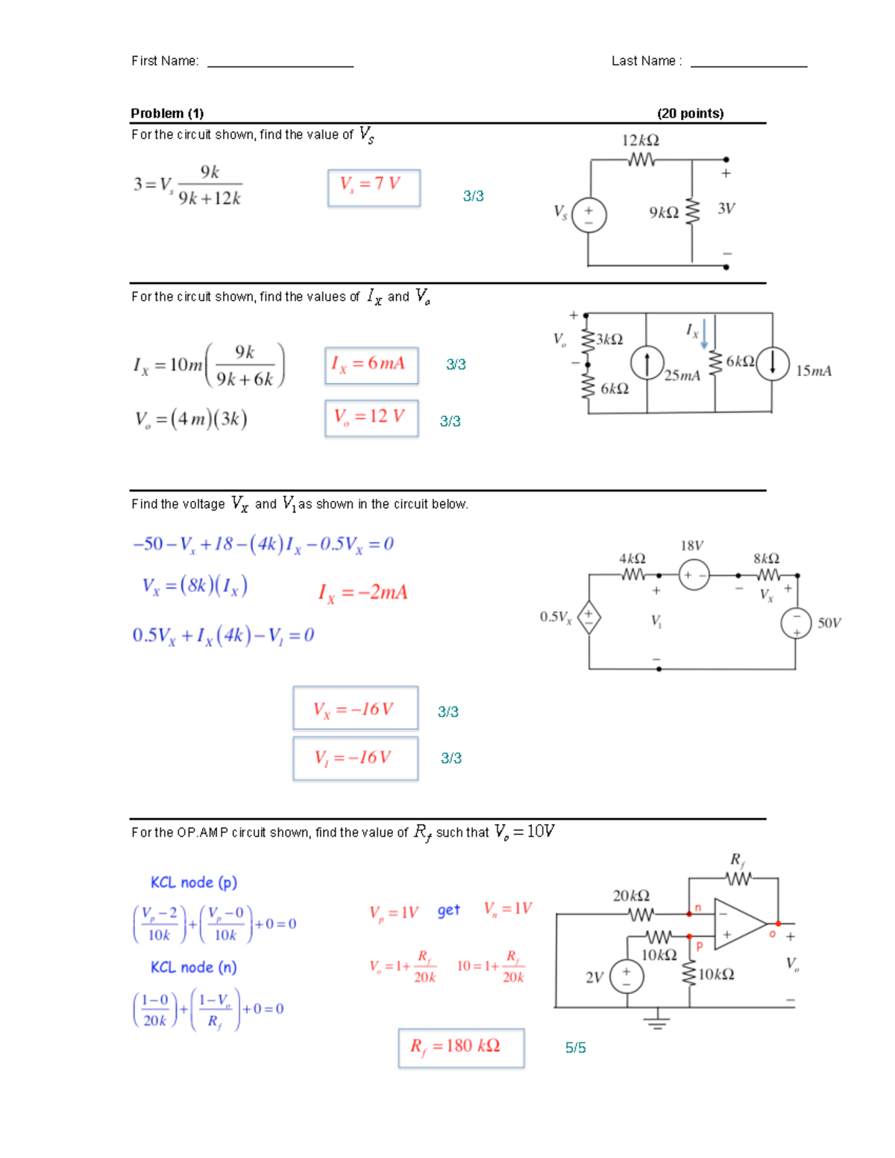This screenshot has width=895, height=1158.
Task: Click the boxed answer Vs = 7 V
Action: coord(374,188)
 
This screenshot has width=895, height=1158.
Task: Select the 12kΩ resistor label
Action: coord(640,140)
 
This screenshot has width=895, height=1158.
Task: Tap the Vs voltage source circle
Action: coord(588,215)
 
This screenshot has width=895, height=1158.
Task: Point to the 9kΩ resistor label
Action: coord(664,213)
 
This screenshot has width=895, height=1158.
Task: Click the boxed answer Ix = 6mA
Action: coord(371,365)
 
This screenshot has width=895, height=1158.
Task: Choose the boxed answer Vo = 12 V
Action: coord(371,418)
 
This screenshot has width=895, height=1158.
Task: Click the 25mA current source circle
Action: coord(647,363)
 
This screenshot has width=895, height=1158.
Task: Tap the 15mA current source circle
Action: coord(772,363)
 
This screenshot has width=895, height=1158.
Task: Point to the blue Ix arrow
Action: coord(704,333)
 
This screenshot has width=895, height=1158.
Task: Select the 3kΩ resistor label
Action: coord(609,339)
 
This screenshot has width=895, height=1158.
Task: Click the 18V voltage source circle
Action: coord(694,575)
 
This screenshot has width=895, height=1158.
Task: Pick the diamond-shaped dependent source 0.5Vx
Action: coord(588,617)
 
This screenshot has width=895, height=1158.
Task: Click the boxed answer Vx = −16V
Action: coord(356,707)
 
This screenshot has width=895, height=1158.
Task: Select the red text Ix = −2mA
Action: coord(362,593)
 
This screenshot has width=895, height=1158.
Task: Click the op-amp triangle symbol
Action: coord(740,924)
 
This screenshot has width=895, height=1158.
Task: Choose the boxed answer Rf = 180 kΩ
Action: coord(461,1048)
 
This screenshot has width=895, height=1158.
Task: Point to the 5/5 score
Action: coord(575,1048)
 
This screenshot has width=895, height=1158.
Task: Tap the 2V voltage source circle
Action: coord(626,976)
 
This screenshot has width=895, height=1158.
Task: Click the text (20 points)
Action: coord(691,113)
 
